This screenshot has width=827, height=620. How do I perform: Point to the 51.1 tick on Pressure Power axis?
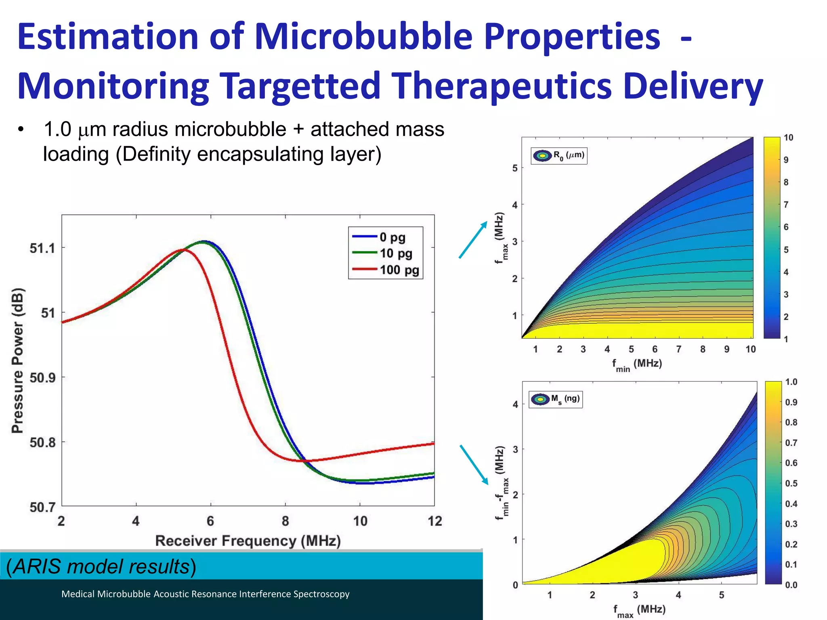(x=42, y=248)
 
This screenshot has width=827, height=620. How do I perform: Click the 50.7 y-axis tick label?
(x=42, y=507)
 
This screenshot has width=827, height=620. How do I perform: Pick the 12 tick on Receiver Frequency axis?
(x=434, y=521)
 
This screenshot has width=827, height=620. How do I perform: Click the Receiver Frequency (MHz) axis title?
(x=248, y=541)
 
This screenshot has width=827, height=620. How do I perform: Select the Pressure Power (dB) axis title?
(x=18, y=360)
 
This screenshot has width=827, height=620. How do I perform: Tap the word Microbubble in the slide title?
(x=363, y=36)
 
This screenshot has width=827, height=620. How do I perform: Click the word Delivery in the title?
(x=693, y=86)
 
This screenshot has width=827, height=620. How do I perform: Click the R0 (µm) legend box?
(x=559, y=155)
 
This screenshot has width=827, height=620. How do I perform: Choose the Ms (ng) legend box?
(x=556, y=399)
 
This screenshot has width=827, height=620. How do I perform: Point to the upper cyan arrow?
(x=473, y=240)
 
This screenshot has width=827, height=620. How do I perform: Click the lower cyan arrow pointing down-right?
(x=474, y=464)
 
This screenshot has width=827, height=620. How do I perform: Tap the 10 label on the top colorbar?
(x=788, y=138)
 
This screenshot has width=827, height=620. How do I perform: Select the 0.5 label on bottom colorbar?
(x=791, y=483)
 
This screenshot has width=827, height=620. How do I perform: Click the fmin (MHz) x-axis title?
(x=637, y=364)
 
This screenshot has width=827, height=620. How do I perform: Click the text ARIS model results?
(x=101, y=566)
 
